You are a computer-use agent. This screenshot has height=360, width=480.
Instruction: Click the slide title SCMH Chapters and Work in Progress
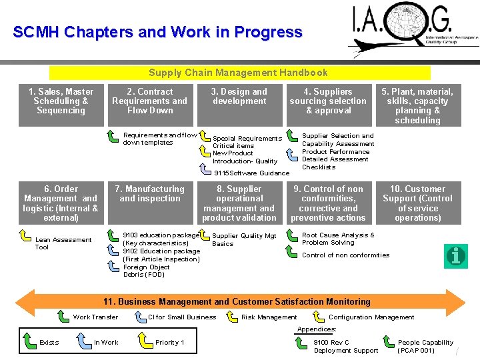tap(157, 32)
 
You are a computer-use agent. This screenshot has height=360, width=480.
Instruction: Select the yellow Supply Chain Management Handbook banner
tap(239, 73)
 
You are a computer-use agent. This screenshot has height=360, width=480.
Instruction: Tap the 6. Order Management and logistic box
tap(61, 203)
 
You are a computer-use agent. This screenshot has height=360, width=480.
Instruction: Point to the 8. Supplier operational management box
tap(239, 203)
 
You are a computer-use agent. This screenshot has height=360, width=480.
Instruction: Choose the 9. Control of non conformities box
tap(328, 203)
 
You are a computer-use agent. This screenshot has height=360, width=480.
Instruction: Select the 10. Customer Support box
tap(417, 203)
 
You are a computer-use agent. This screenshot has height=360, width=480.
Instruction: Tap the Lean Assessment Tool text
tap(63, 243)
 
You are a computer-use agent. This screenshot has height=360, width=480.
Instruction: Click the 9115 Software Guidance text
tap(251, 173)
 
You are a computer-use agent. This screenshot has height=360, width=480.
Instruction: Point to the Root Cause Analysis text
tap(338, 239)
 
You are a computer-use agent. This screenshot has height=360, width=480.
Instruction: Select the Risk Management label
tap(269, 317)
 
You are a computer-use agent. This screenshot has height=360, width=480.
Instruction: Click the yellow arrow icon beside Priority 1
tap(143, 341)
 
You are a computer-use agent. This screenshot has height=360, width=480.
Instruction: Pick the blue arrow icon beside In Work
tap(83, 341)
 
